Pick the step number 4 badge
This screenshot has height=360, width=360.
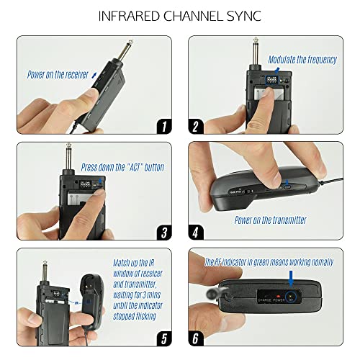click(338, 232)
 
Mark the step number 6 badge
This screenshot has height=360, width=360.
click(338, 338)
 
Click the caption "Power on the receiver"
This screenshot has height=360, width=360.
click(57, 74)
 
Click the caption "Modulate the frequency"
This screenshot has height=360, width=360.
click(302, 60)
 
